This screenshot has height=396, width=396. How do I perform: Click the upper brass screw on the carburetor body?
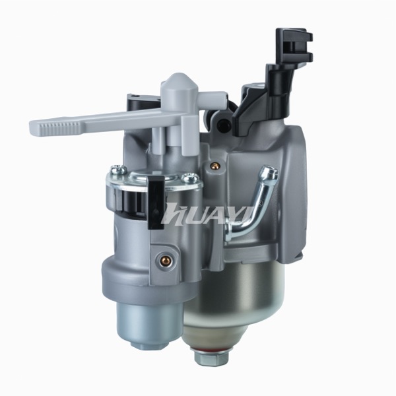click(x=215, y=166)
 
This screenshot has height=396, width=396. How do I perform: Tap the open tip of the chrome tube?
click(x=271, y=170)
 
